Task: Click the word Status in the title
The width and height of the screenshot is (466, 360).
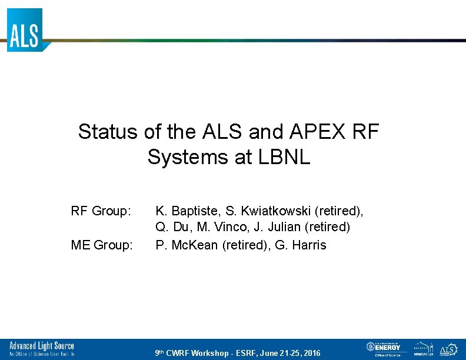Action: click(x=108, y=132)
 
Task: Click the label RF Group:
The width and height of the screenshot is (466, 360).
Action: click(x=101, y=211)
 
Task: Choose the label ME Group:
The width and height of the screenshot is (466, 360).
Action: click(x=102, y=245)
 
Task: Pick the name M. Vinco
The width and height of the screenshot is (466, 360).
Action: click(x=221, y=227)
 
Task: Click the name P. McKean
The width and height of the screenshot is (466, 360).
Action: click(x=187, y=245)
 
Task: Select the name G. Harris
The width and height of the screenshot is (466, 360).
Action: click(x=301, y=245)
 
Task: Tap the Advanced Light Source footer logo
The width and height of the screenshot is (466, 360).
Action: click(x=41, y=349)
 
